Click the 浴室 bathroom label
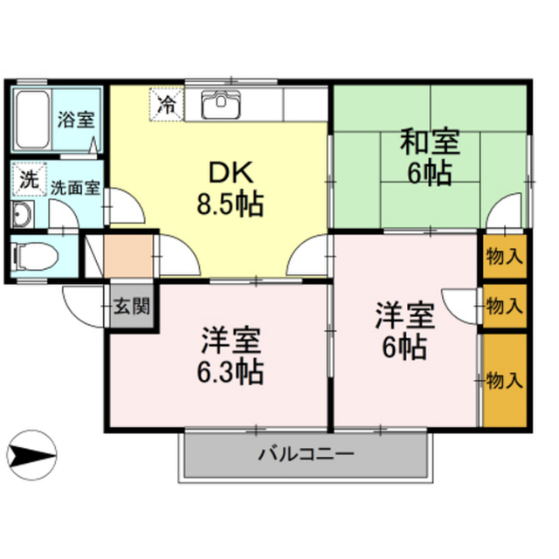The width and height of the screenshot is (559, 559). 76,120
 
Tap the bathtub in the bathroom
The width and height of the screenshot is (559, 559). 32,120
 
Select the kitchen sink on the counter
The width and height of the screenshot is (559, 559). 221,104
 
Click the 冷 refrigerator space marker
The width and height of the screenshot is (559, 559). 167,104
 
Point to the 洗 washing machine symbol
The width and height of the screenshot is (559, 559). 29,179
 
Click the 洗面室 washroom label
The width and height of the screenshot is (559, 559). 75,188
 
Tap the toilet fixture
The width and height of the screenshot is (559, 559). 35,256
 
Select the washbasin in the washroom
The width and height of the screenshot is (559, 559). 23,215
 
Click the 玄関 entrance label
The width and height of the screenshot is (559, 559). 131,306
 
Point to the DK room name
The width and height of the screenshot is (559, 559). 231,173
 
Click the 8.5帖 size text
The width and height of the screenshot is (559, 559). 231,204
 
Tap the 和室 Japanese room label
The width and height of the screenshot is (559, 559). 429,141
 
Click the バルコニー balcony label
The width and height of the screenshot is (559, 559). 307,454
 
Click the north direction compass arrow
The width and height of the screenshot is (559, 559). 32,455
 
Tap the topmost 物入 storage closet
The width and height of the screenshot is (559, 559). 505,256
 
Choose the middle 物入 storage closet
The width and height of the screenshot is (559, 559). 505,306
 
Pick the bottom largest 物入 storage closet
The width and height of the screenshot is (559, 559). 505,380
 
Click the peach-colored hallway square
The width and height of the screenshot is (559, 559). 128,256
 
